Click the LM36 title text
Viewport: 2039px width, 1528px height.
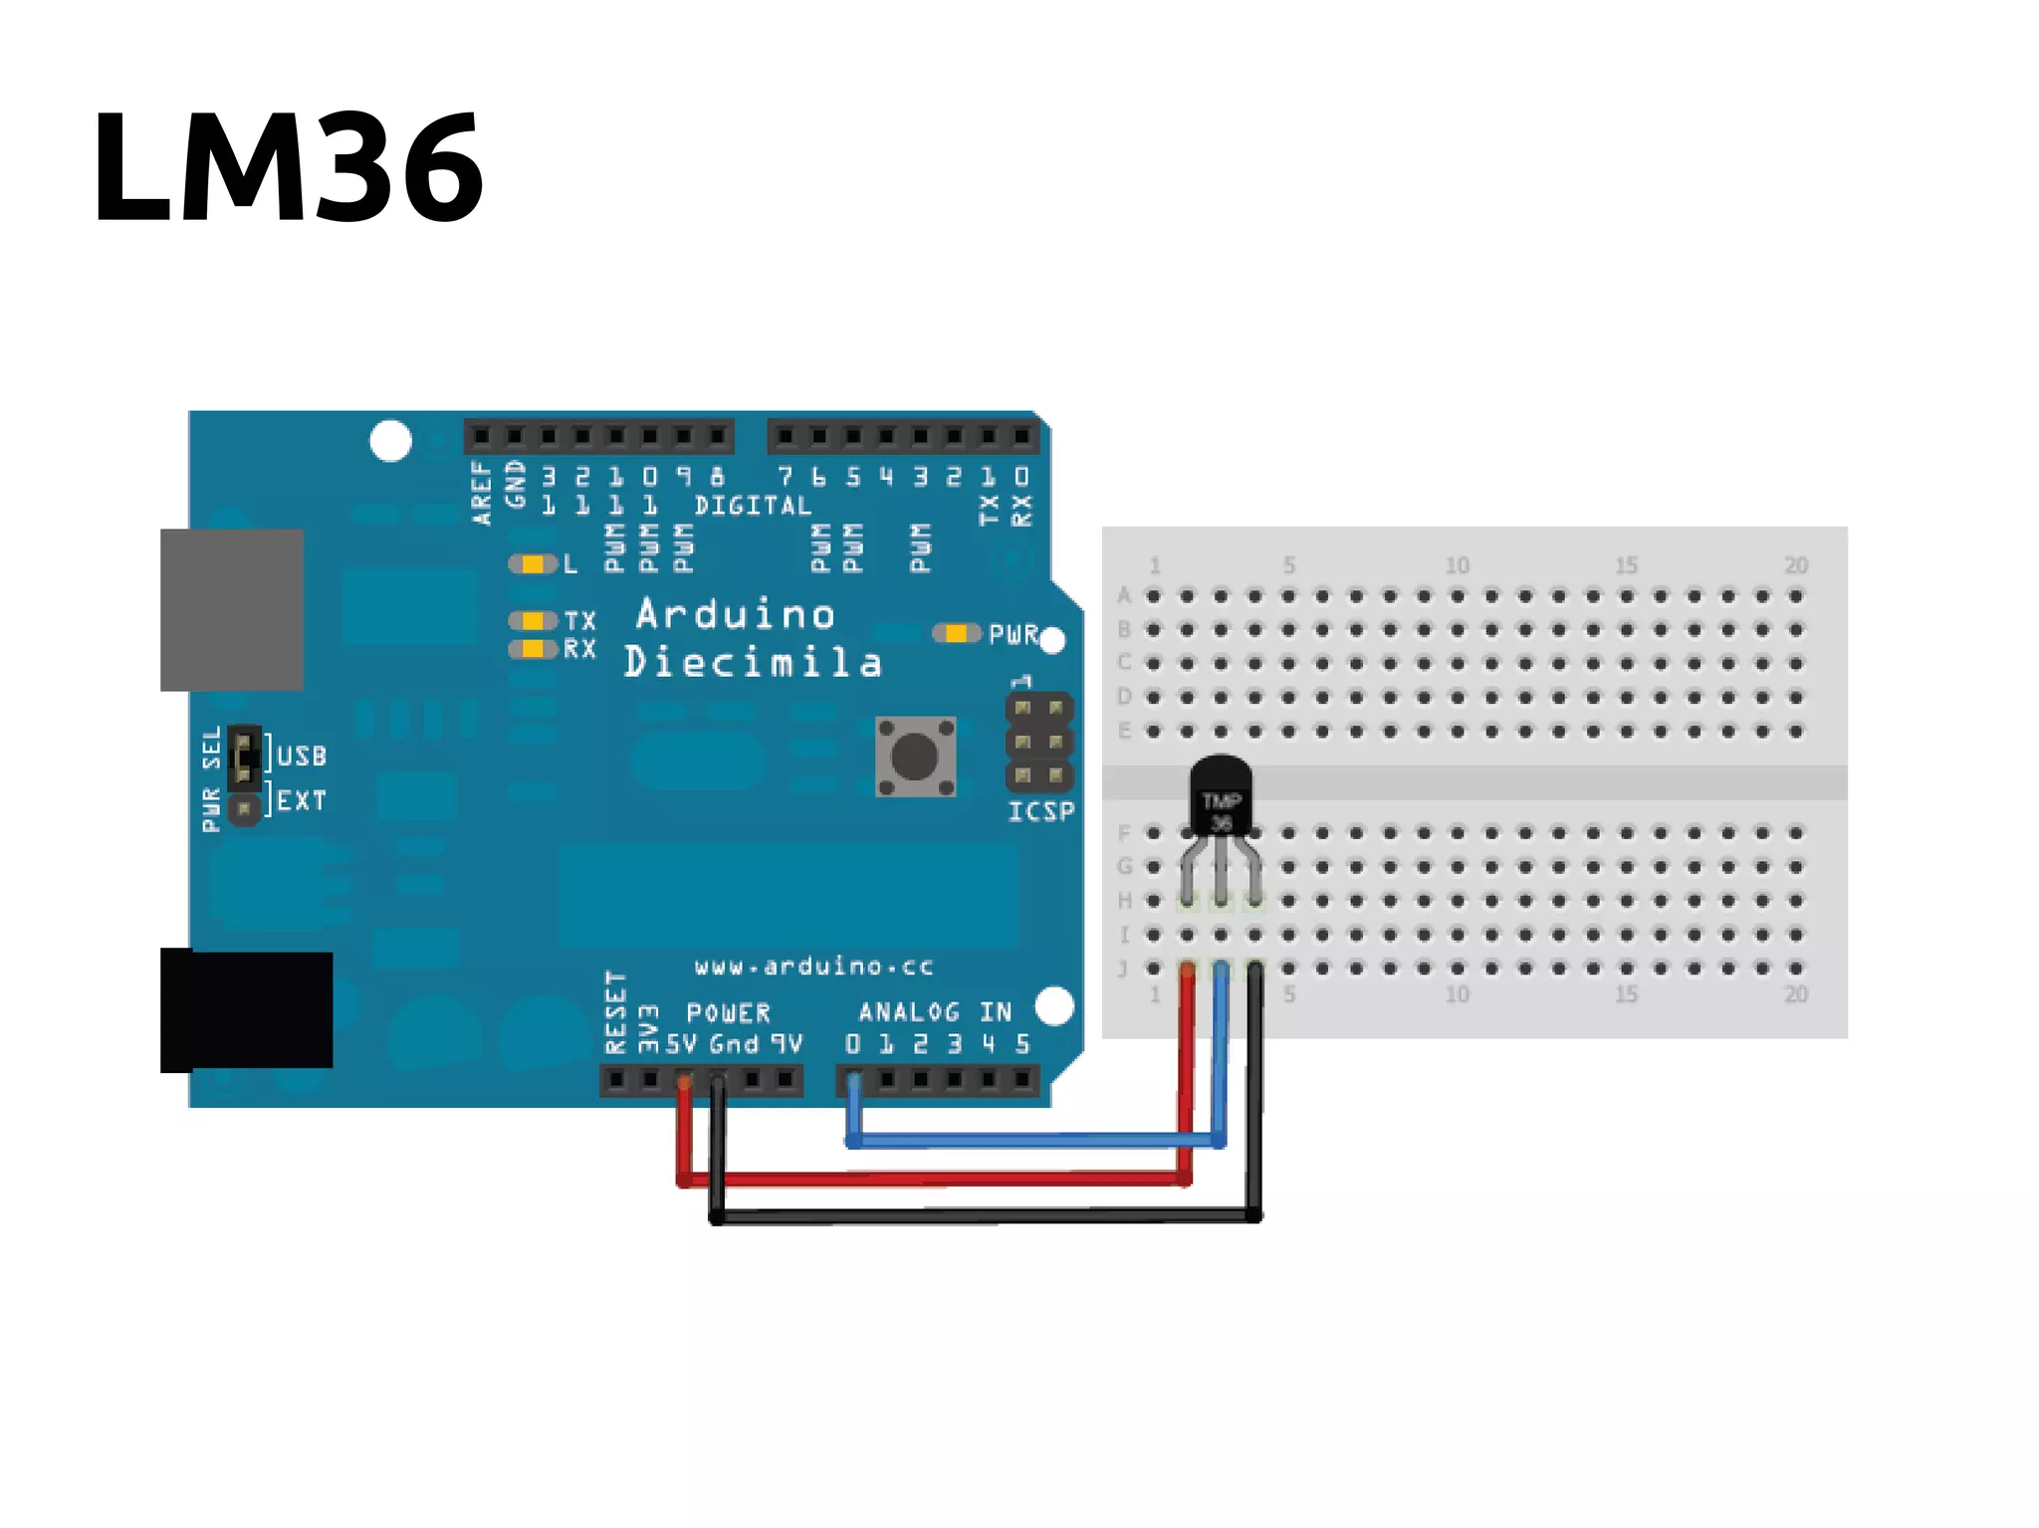tap(288, 166)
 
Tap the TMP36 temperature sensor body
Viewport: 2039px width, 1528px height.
tap(1221, 796)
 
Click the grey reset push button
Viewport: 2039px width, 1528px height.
tap(915, 757)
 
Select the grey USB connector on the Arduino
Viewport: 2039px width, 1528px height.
tap(232, 609)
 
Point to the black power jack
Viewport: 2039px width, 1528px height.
tap(247, 1009)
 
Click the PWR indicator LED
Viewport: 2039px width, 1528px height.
tap(956, 633)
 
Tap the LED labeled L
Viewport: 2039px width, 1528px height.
tap(534, 564)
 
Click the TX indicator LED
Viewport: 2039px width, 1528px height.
tap(534, 621)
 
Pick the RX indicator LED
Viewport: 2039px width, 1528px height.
tap(534, 649)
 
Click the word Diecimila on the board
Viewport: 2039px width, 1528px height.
tap(753, 662)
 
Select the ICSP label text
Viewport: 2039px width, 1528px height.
tap(1040, 812)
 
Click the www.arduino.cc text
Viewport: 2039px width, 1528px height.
tap(813, 966)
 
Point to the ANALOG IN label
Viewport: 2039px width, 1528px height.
tap(935, 1012)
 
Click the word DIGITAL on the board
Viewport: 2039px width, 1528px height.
tap(753, 506)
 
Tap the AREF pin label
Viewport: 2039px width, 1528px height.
tap(481, 492)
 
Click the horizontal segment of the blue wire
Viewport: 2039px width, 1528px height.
tap(1035, 1140)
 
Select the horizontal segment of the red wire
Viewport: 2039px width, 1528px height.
tap(936, 1180)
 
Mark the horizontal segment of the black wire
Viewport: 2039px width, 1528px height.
tap(986, 1215)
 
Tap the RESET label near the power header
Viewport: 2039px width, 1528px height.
tap(616, 1011)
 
